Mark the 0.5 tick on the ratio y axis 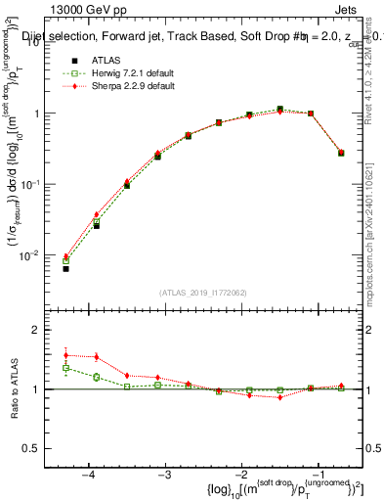click(x=45, y=448)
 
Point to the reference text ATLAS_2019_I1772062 click(x=203, y=293)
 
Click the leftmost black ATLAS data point click(x=65, y=268)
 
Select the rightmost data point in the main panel click(x=340, y=153)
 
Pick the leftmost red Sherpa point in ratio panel click(x=65, y=355)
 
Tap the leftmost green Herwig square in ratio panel click(x=65, y=368)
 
